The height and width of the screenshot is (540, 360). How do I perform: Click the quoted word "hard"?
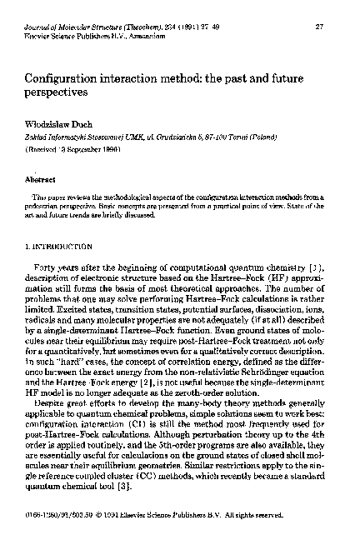[72, 366]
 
